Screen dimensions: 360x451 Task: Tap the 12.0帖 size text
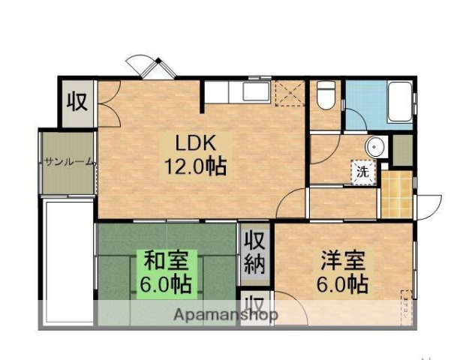tap(196, 164)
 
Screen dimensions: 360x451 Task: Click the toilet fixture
tap(326, 95)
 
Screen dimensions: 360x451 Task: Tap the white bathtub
tap(398, 103)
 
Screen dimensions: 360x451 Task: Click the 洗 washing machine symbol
tap(363, 171)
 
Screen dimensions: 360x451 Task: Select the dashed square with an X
tap(287, 93)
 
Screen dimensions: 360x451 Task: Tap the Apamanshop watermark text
tap(225, 314)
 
